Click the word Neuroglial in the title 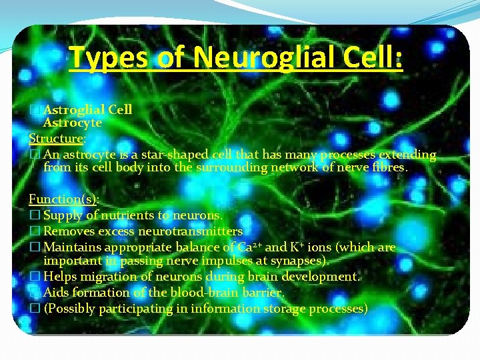pos(261,57)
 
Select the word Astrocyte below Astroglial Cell pos(73,123)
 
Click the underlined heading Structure pos(56,139)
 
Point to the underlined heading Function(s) pos(63,199)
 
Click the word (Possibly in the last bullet pos(70,309)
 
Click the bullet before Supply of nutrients pos(35,216)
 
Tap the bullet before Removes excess pos(35,232)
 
